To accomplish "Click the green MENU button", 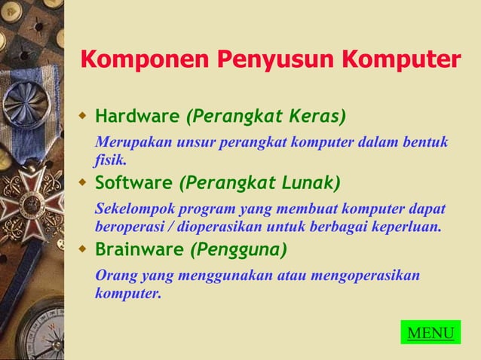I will tap(430, 333).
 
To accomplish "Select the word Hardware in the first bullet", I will tap(137, 117).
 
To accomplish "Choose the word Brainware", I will tap(139, 249).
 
